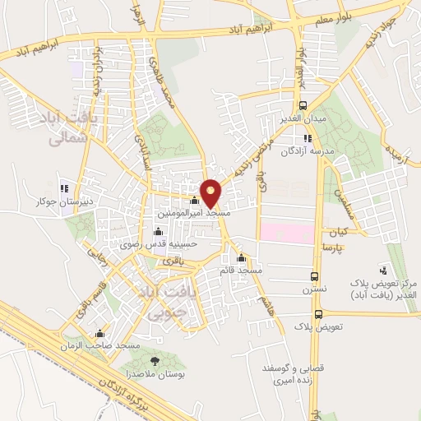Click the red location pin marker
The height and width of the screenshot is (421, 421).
[x=211, y=193]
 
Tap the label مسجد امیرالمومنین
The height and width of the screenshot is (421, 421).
[x=194, y=212]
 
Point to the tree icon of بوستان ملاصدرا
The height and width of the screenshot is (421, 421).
[x=153, y=360]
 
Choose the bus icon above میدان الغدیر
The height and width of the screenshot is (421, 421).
[x=303, y=105]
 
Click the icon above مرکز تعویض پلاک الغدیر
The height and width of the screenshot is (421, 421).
[x=383, y=269]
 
